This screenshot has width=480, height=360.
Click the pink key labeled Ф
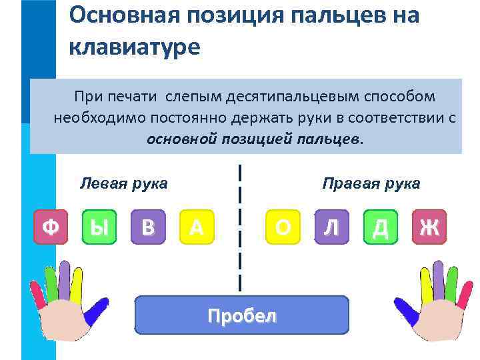click(51, 228)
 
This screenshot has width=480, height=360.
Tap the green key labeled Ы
click(99, 228)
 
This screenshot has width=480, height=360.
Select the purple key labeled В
click(148, 228)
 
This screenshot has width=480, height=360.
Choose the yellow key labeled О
click(283, 228)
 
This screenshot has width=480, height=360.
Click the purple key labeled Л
click(331, 228)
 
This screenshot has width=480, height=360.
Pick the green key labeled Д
click(381, 228)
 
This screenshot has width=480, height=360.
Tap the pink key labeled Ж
click(429, 228)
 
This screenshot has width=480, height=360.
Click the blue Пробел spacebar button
click(241, 315)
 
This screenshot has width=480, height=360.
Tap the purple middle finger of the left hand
click(64, 276)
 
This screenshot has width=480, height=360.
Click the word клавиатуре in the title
click(134, 47)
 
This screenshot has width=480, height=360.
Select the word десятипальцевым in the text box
click(291, 97)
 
